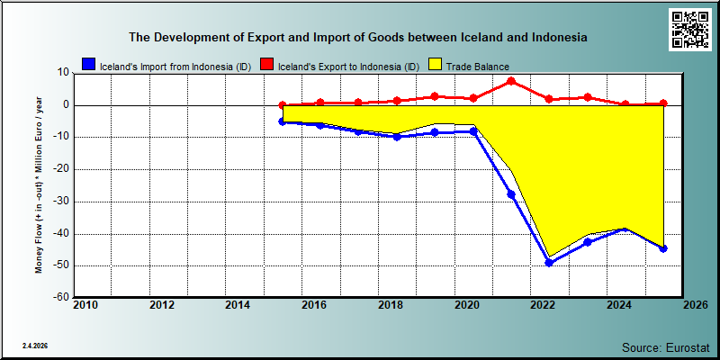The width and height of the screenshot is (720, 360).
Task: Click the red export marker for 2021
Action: coord(511,82)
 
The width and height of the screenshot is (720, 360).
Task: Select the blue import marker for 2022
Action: coord(549,263)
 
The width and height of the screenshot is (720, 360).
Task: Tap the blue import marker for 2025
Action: coord(663,248)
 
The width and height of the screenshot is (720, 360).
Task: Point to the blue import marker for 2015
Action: coord(283,121)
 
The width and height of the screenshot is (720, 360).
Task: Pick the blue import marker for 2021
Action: coord(511,194)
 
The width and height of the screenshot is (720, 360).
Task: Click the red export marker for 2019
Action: coord(435,96)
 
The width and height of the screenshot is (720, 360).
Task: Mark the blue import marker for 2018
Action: coord(397,137)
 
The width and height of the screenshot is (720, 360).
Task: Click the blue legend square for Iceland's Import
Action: coord(88,65)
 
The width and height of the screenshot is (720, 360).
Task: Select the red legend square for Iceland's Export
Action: coord(267,65)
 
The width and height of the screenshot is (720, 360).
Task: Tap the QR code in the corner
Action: coord(689,30)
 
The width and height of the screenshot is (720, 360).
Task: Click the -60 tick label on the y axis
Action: coord(60,297)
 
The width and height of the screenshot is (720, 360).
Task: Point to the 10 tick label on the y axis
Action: coord(63,73)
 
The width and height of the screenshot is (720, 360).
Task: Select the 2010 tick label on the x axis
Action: coord(85,305)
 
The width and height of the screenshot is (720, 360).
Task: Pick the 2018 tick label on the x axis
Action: coord(391,305)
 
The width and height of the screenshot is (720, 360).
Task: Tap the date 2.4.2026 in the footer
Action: coord(35,346)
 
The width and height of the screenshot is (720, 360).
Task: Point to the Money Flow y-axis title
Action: coord(39,184)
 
